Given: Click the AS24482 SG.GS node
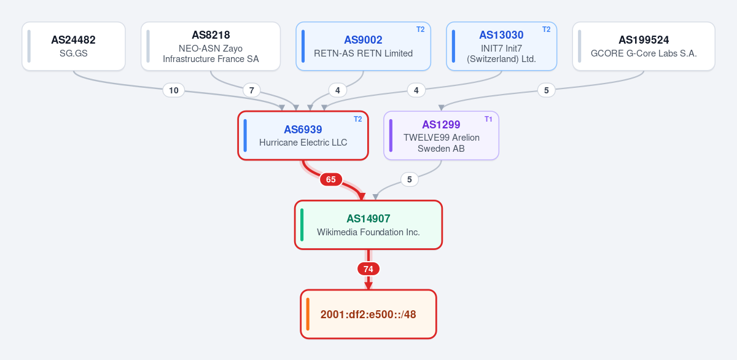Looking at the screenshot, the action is [74, 46].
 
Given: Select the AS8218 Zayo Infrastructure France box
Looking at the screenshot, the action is [211, 46].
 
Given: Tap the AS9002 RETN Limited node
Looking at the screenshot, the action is [363, 46].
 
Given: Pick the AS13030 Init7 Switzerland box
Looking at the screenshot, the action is [501, 46].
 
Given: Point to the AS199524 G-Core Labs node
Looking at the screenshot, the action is [644, 46].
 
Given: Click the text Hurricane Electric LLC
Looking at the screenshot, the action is [303, 143].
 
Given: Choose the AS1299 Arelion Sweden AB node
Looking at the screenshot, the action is [441, 136].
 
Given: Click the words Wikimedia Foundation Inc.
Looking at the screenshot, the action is [368, 232].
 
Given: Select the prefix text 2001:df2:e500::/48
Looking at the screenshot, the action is [368, 315].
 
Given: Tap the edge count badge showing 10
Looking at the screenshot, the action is [174, 90].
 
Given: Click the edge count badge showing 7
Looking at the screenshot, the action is [252, 90].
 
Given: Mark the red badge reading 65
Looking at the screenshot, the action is [330, 179].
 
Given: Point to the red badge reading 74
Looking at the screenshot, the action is [368, 269].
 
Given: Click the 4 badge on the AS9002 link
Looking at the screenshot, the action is [338, 90].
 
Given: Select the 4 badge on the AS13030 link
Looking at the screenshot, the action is [416, 90].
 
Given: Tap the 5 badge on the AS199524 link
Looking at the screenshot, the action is [546, 90].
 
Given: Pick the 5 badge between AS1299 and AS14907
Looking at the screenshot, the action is [409, 179].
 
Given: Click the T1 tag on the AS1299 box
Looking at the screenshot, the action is [488, 119].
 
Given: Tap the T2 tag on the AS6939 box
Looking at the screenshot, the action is [357, 119].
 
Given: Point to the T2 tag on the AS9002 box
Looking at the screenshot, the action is [420, 29].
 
